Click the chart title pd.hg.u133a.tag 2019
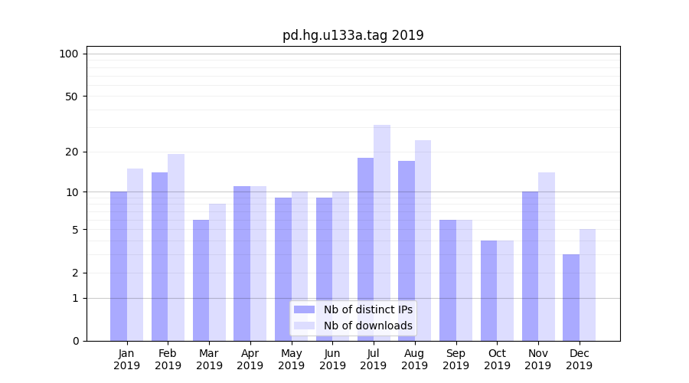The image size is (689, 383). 353,35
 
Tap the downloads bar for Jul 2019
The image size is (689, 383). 382,233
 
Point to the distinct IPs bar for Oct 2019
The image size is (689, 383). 489,290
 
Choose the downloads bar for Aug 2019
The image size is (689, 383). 423,241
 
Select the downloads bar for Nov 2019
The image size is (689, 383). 547,257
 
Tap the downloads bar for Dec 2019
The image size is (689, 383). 588,285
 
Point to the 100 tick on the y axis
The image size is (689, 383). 70,54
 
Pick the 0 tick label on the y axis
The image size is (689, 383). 75,341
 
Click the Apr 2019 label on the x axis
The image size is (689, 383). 250,359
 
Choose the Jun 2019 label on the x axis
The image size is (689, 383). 332,359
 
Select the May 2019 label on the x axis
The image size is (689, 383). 292,359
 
